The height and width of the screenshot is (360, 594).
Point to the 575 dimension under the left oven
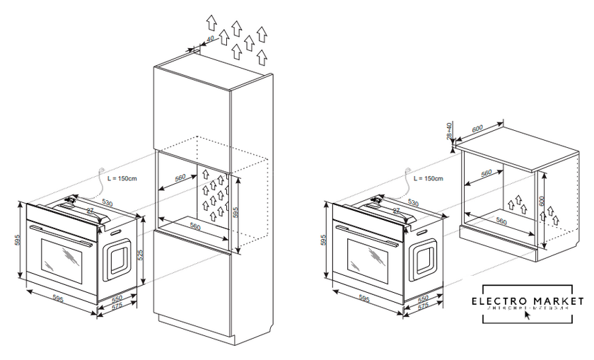110,306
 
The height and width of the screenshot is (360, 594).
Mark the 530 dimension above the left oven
107,204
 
